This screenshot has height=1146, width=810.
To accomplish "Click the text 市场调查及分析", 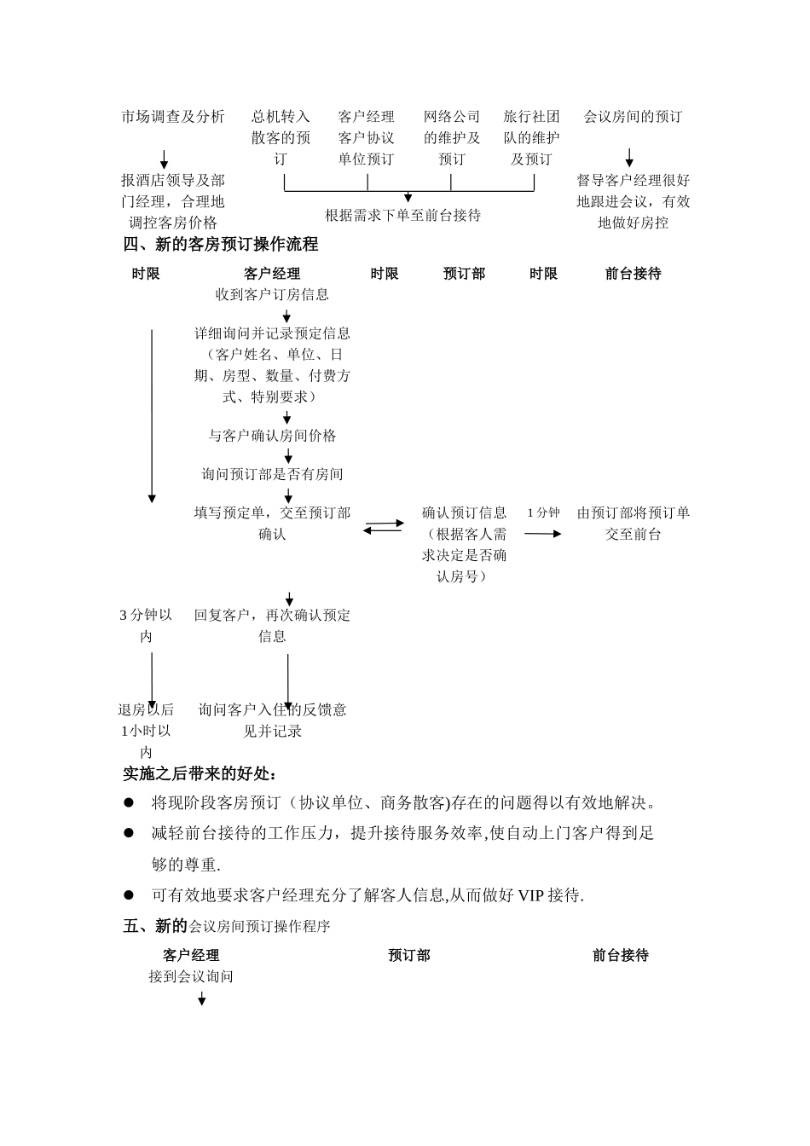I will tap(173, 117).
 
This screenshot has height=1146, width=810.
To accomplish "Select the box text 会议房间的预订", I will tap(633, 117).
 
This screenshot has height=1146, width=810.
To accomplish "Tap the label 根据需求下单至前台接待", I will tap(403, 216).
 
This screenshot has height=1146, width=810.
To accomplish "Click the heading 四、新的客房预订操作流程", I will tap(221, 245).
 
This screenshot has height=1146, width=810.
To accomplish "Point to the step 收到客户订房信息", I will tap(272, 295).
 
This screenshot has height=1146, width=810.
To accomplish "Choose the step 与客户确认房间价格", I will tap(272, 436).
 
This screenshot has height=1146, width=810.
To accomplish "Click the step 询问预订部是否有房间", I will tap(272, 474).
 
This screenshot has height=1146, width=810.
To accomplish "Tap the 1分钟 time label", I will tap(543, 512).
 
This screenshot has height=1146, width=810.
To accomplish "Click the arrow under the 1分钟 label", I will tap(543, 534).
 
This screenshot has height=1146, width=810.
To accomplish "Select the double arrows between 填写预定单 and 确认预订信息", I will tap(384, 527).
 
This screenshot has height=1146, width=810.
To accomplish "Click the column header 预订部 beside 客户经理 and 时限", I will tap(464, 274).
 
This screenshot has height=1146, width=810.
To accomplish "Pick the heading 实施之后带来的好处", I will tap(200, 774).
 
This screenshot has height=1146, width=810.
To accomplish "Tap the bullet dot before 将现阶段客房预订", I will tap(130, 802).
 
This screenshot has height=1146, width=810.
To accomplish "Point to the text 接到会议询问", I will tap(191, 977).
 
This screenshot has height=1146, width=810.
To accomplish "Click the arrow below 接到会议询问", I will tap(202, 998).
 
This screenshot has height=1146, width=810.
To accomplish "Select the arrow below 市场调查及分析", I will tap(165, 159).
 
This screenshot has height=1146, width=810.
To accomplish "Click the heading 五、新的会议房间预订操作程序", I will tap(227, 926).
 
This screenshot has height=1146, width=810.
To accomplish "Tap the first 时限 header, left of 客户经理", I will tap(146, 274).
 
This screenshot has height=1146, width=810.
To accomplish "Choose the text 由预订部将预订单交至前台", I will tap(633, 524).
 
